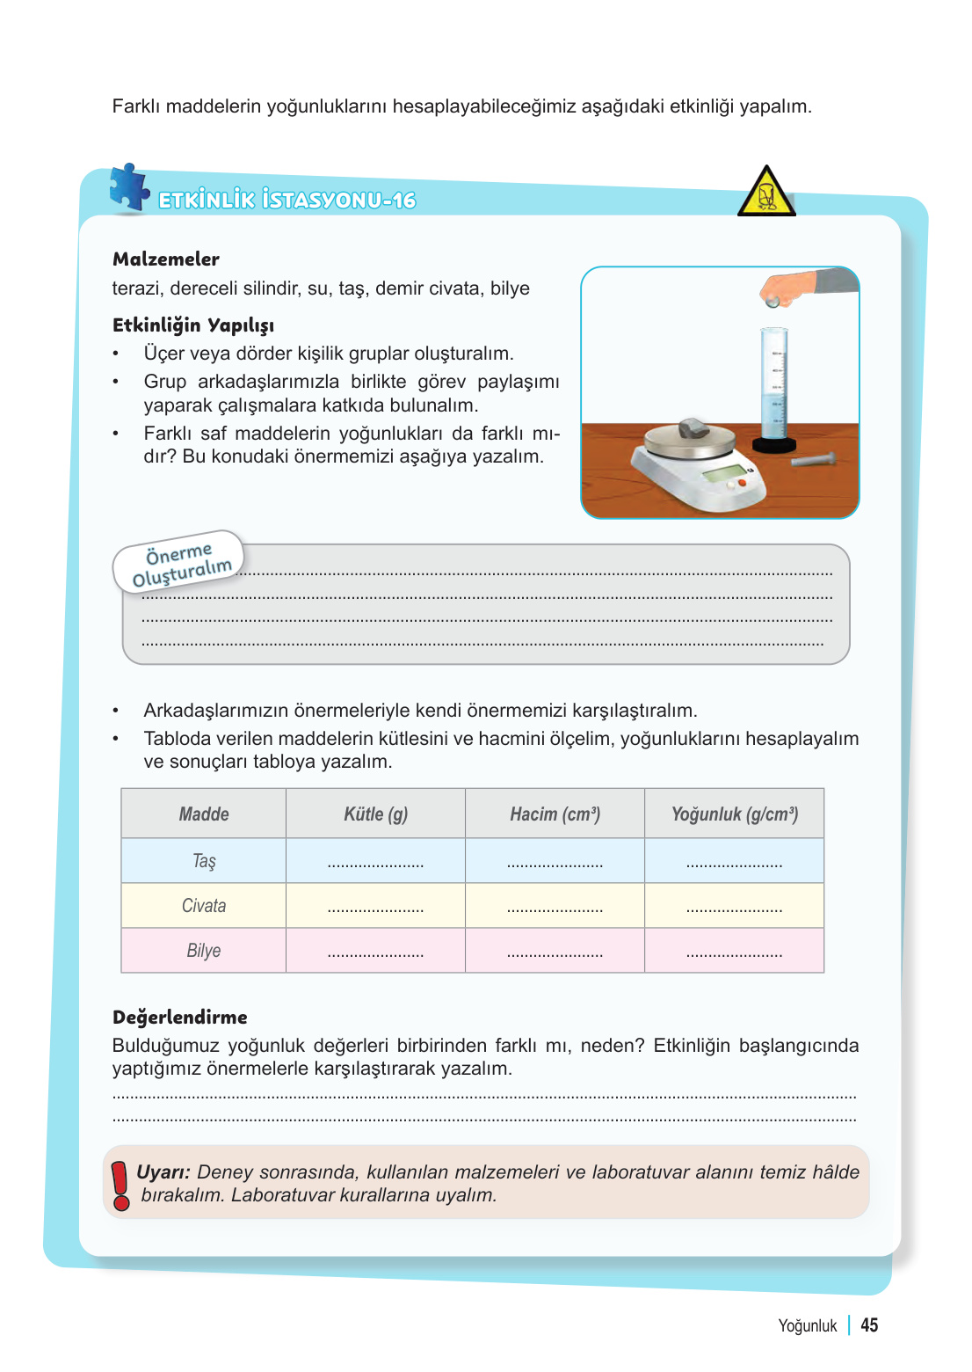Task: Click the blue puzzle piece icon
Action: pos(129,187)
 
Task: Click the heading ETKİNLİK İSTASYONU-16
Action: pos(287,201)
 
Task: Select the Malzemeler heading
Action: pos(166,259)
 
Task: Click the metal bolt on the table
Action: pos(812,459)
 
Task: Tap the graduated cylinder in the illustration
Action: pos(774,387)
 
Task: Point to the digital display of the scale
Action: pos(723,475)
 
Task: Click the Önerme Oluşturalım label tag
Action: pos(179,563)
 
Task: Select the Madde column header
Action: pos(204,814)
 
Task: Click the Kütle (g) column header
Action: pos(376,814)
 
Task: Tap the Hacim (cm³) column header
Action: pos(555,814)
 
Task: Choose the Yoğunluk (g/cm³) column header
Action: pos(735,814)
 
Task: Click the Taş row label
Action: pos(204,861)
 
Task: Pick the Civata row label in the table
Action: pos(204,906)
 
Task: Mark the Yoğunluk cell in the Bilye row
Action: pos(735,952)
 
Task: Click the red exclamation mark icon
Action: pos(120,1185)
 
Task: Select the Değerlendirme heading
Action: pos(180,1018)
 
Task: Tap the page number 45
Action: pos(869,1325)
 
